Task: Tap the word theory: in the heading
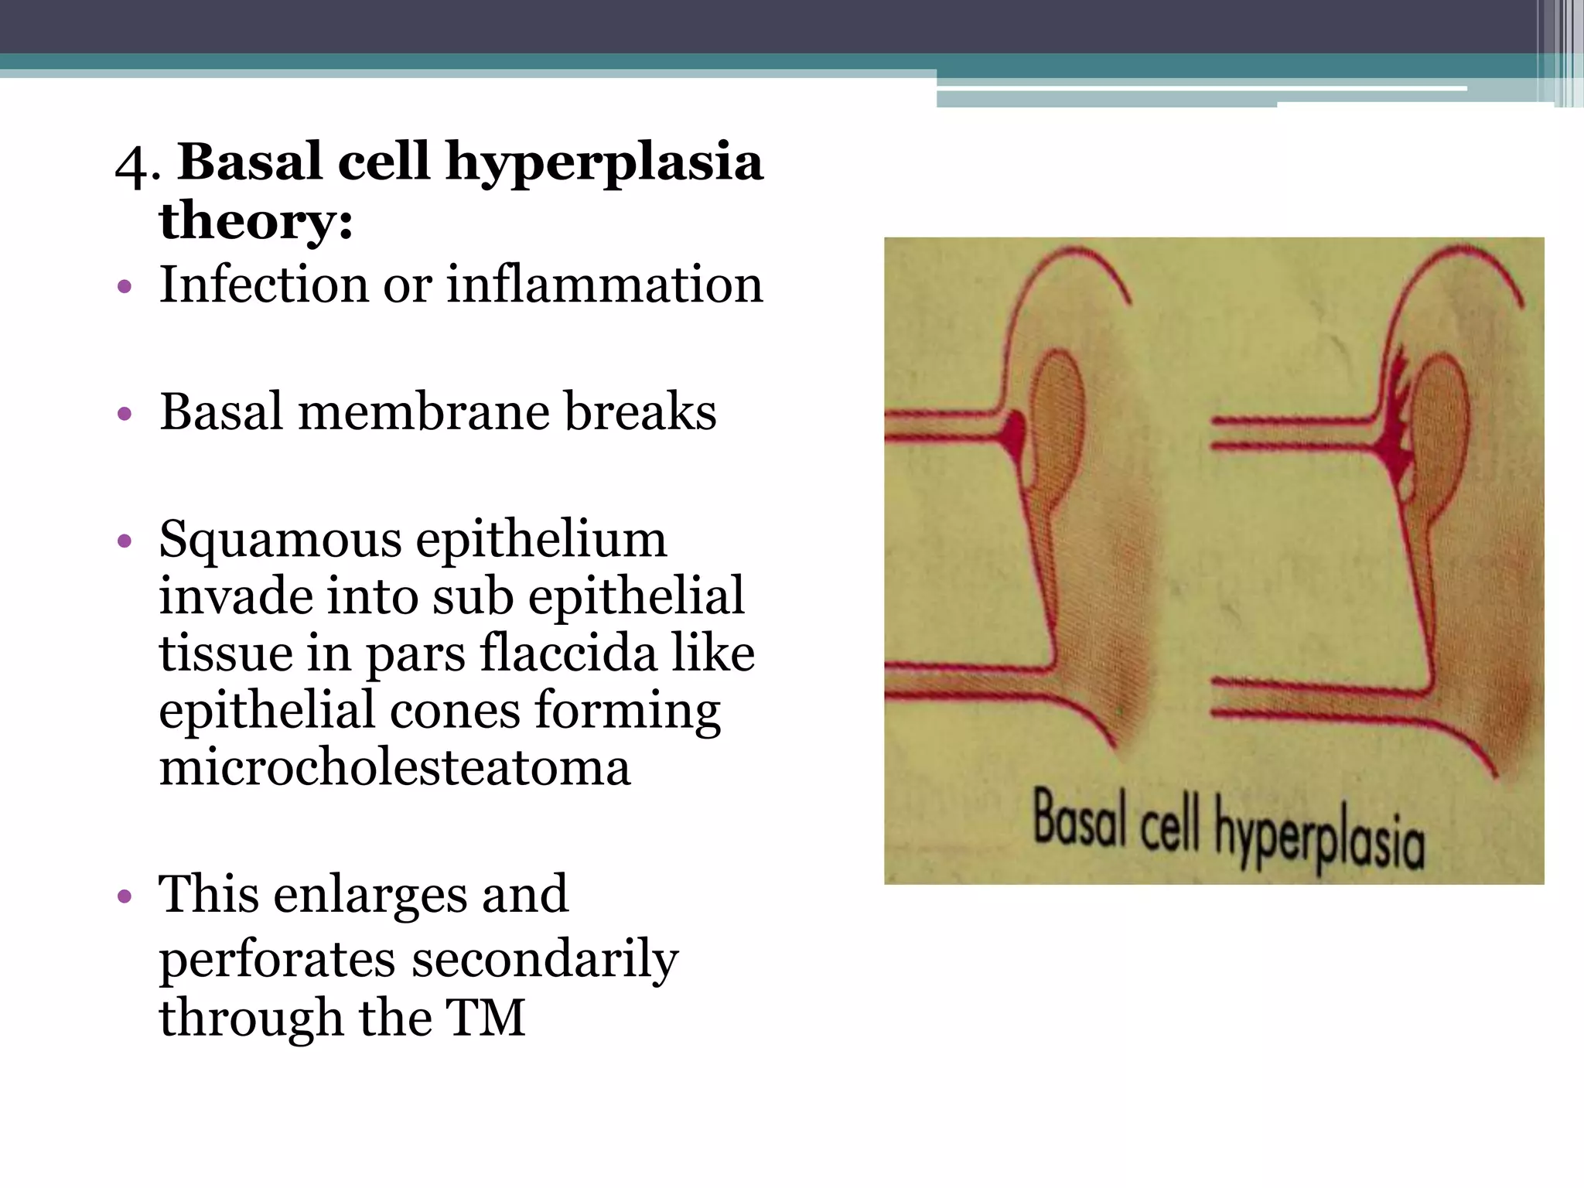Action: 256,221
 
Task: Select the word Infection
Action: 262,284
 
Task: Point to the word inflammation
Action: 604,284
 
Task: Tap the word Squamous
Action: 279,539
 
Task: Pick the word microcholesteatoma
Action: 394,767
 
